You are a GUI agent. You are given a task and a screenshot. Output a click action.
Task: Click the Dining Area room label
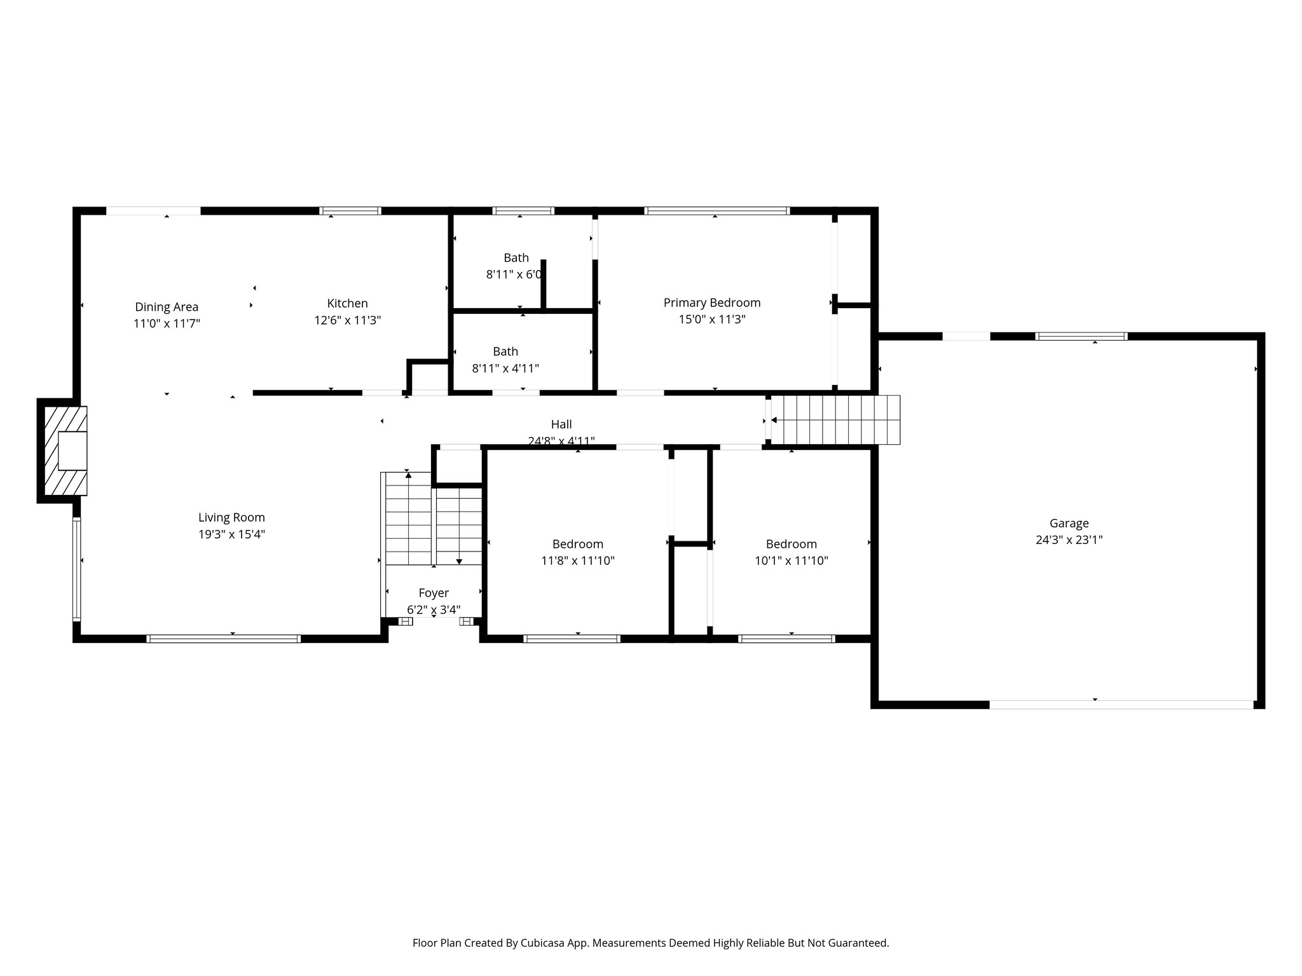click(167, 307)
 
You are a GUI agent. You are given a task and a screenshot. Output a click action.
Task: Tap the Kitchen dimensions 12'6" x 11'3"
click(347, 320)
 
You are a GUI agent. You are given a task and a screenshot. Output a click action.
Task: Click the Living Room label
click(231, 518)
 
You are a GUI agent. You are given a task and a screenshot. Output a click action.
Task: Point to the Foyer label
click(434, 593)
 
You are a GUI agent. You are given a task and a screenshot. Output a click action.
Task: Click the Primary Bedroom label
click(712, 303)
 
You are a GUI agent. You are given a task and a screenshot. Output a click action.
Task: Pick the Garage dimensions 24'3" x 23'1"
click(1069, 540)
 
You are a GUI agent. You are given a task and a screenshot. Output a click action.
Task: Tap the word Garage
click(1069, 524)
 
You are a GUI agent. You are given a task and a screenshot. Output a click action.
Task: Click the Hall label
click(561, 424)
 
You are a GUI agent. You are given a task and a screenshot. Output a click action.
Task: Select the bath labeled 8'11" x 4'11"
click(505, 360)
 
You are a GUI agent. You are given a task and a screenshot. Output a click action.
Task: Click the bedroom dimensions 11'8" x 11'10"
click(577, 560)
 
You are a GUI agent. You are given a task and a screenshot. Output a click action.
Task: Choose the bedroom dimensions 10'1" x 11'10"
click(791, 560)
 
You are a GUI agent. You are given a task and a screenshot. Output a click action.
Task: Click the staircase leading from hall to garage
click(835, 420)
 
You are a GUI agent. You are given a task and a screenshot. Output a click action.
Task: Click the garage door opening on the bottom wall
click(1121, 704)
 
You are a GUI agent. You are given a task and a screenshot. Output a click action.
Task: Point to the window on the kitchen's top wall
click(350, 211)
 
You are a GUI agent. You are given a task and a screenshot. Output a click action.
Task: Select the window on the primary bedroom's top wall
click(716, 211)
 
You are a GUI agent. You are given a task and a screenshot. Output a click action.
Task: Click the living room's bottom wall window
click(223, 639)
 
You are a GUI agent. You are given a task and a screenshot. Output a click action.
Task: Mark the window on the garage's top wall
click(1081, 337)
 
